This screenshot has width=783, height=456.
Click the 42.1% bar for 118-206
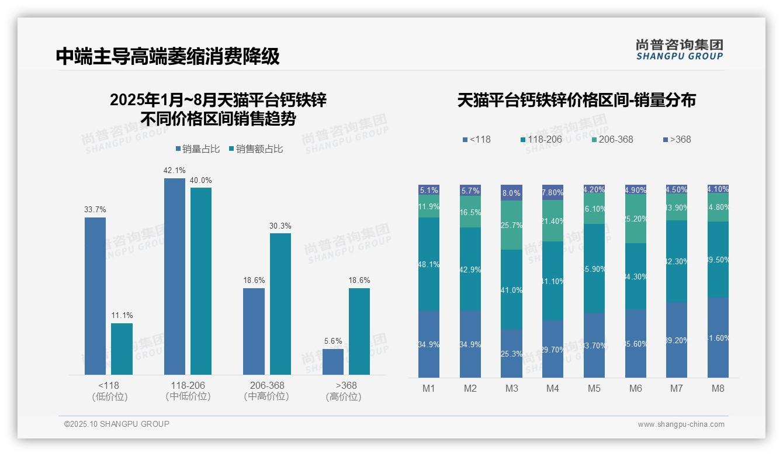[x=174, y=276]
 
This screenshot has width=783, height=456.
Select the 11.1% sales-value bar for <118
[x=122, y=349]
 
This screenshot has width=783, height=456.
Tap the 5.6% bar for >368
[x=333, y=362]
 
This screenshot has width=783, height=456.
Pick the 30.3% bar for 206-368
[x=280, y=304]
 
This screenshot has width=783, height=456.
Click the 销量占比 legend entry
[x=197, y=149]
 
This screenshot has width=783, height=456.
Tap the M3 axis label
[x=511, y=388]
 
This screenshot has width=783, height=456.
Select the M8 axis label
[x=718, y=388]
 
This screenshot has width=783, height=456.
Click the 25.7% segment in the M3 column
[x=511, y=225]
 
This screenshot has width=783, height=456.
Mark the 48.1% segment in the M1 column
[x=429, y=264]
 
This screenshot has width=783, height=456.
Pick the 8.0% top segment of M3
[x=511, y=193]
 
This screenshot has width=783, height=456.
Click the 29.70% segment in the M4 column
[x=553, y=349]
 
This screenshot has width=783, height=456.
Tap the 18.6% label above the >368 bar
[x=359, y=280]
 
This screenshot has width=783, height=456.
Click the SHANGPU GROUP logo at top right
[x=679, y=50]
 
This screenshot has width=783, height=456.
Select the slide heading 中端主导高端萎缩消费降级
[x=168, y=57]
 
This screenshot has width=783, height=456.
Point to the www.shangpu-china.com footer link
[x=681, y=424]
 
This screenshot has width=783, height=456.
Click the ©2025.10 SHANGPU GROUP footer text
[x=117, y=424]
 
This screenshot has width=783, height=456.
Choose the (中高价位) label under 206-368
[x=266, y=396]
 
